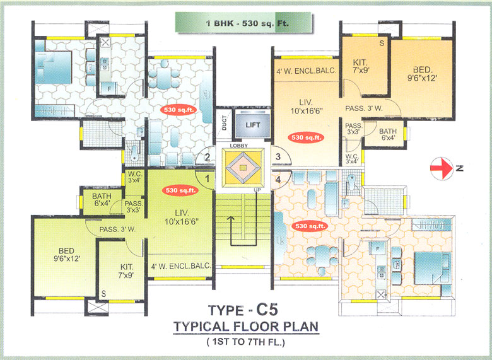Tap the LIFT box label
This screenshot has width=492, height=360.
click(252, 124)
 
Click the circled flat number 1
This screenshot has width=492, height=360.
click(206, 179)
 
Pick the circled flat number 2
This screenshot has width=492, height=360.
click(206, 158)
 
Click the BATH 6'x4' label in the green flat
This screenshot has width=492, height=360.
click(102, 199)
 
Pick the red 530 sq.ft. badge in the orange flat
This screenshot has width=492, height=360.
click(305, 137)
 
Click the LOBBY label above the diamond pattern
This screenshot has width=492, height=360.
click(240, 146)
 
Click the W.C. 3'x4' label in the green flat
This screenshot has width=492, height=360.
click(134, 177)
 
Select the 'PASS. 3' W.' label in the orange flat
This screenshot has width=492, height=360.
click(365, 108)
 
